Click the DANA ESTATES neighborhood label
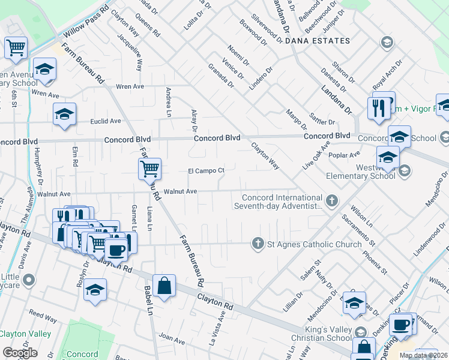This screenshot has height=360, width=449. click(x=317, y=41)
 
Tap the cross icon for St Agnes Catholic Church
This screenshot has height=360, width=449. click(x=258, y=244)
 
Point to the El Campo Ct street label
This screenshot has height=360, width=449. click(x=206, y=170)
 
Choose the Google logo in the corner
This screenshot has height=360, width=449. click(x=20, y=353)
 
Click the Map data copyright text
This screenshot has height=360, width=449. click(x=423, y=355)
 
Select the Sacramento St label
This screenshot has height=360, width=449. click(x=358, y=230)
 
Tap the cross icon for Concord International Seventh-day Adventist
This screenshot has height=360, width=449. click(x=331, y=199)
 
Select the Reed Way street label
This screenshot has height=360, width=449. click(x=43, y=314)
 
